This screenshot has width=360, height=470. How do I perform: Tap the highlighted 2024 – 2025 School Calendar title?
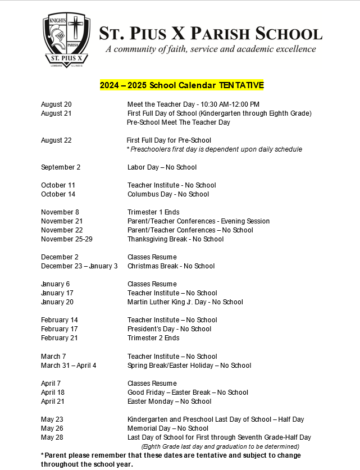[x=182, y=85]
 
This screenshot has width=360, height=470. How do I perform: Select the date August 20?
[x=56, y=104]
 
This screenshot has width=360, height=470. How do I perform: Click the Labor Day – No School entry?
[x=162, y=167]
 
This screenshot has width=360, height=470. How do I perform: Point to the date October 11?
[x=58, y=185]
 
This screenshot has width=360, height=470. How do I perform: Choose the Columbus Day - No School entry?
[x=168, y=194]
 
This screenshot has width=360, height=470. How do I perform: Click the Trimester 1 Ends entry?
[x=153, y=212]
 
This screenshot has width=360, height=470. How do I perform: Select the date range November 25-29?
[x=67, y=239]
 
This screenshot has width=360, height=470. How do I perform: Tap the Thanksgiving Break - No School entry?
[x=175, y=239]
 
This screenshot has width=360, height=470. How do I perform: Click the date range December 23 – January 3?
[x=79, y=266]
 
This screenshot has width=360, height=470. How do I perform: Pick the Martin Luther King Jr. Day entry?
[x=185, y=302]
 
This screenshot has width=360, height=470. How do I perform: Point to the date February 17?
[x=59, y=329]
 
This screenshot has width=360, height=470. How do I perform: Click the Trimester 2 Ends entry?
[x=153, y=338]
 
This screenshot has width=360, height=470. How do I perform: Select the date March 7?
[x=53, y=357]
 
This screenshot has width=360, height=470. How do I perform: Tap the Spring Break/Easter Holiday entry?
[x=189, y=366]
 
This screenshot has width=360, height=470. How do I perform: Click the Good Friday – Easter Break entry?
[x=188, y=393]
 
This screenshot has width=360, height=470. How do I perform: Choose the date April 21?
[x=53, y=401]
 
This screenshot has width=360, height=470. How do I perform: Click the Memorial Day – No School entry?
[x=168, y=428]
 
